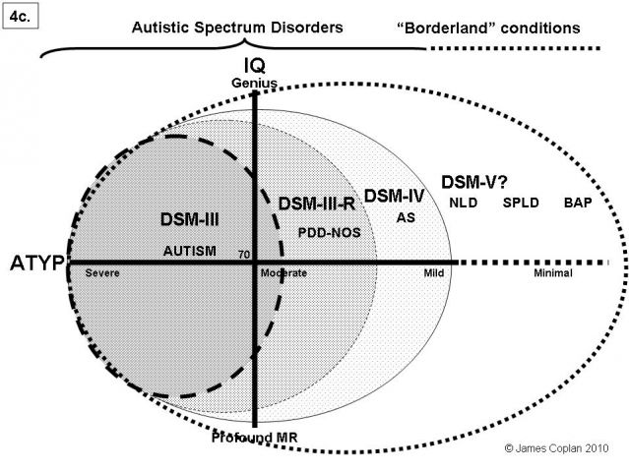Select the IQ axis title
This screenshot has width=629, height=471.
[x=255, y=66]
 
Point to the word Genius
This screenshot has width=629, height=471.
[x=255, y=83]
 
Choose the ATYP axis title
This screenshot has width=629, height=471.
[x=36, y=264]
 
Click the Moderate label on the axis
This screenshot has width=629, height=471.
[x=285, y=274]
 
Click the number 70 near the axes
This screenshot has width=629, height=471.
[x=241, y=255]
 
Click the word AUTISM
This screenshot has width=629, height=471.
[x=189, y=251]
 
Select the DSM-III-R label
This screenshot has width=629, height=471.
[x=317, y=205]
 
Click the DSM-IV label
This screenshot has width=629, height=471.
[x=394, y=195]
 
